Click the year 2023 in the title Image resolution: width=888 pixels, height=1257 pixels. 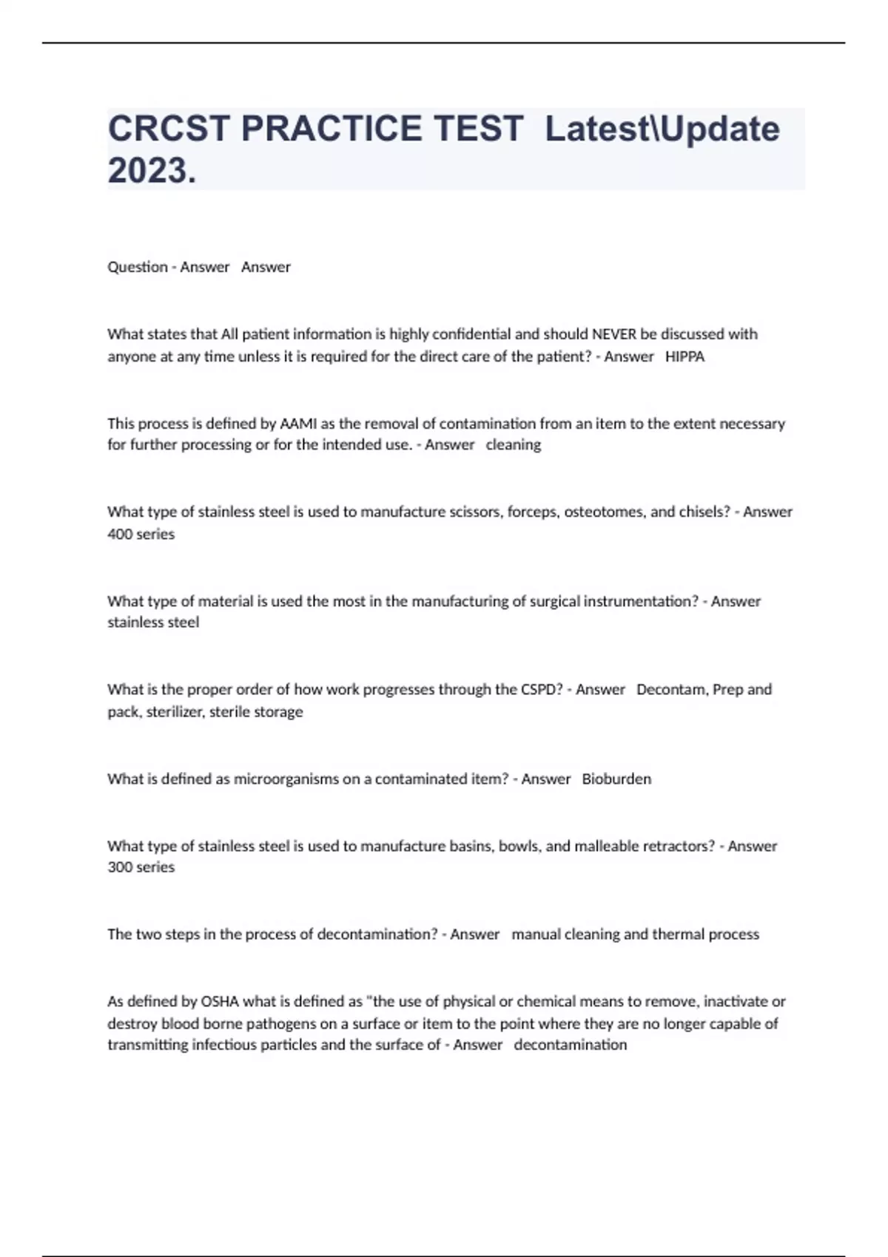coord(147,171)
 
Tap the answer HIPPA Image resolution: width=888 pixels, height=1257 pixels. coord(684,356)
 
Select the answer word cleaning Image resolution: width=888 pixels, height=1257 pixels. coord(513,445)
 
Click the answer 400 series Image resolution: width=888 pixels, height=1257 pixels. coord(141,534)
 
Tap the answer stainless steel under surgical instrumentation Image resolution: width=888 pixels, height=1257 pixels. coord(153,623)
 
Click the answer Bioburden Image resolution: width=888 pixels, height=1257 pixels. coord(616,779)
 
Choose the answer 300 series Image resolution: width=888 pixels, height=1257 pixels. coord(141,867)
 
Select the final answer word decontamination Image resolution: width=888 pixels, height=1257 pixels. coord(570,1045)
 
